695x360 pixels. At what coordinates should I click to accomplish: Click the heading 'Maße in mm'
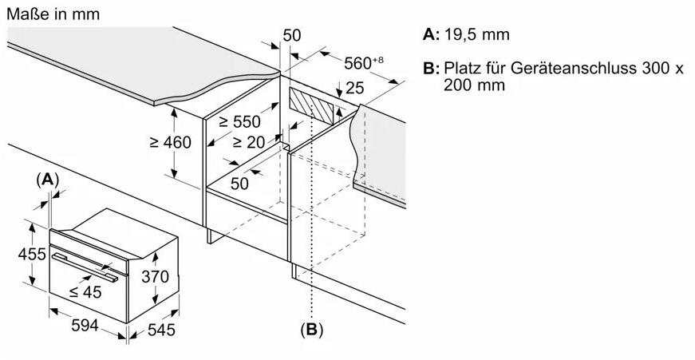(53, 14)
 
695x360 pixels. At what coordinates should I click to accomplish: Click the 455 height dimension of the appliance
(32, 254)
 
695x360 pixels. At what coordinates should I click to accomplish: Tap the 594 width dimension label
(85, 326)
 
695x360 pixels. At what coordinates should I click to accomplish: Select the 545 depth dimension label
(161, 330)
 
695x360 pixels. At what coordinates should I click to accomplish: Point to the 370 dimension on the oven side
(155, 277)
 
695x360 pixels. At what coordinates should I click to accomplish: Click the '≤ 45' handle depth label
(85, 291)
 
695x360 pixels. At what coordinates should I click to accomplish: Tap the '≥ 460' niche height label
(170, 142)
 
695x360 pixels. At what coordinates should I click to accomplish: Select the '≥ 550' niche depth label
(240, 121)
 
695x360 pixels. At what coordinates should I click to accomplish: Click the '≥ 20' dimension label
(249, 142)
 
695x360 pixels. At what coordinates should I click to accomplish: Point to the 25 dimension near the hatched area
(354, 88)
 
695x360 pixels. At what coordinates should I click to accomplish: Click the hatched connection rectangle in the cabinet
(311, 105)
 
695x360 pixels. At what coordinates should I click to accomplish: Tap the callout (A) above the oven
(47, 180)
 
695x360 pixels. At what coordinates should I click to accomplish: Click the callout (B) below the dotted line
(312, 330)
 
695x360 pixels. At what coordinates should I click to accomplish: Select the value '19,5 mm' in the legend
(477, 34)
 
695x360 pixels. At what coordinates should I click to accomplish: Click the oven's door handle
(85, 267)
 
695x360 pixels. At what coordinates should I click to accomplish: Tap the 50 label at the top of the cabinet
(292, 35)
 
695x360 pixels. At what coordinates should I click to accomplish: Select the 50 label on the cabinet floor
(240, 183)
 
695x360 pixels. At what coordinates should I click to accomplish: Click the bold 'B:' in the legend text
(431, 69)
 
